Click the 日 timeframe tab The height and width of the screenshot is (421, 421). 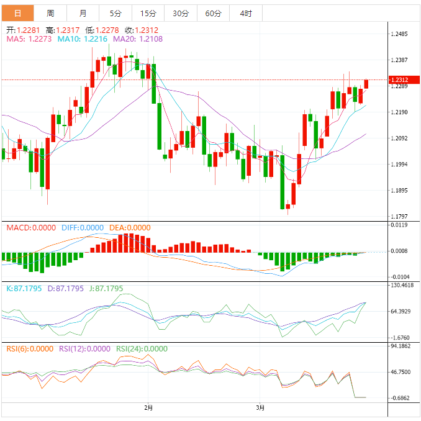17,13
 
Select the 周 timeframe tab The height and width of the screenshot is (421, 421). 50,13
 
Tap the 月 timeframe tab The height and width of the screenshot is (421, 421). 83,13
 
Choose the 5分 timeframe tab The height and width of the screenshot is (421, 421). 115,13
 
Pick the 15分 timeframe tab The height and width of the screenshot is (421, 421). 148,13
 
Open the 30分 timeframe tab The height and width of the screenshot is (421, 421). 181,13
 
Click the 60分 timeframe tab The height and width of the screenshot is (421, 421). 213,13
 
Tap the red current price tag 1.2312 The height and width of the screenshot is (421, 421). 399,80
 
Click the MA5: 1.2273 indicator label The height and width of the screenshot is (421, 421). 29,39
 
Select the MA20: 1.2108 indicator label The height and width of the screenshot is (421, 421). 138,39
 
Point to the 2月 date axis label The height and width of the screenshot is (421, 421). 148,408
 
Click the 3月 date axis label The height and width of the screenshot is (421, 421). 261,408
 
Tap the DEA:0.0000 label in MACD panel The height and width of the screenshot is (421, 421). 130,228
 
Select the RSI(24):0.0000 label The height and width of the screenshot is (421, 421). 142,349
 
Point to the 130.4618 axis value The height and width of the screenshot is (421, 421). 402,286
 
